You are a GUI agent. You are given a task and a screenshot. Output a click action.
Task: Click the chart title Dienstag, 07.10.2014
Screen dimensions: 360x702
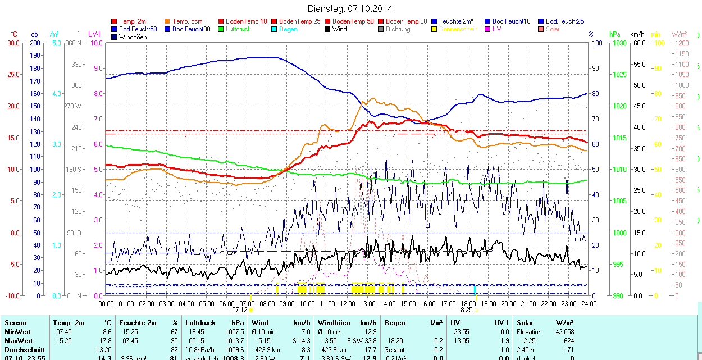350,9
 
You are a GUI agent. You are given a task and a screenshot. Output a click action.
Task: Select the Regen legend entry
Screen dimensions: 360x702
289,29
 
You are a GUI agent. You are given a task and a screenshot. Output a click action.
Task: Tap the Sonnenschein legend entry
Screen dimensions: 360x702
458,29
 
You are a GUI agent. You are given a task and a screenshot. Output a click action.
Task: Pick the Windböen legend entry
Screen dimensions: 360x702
133,37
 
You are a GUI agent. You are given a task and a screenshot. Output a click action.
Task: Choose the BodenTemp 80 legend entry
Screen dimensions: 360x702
407,21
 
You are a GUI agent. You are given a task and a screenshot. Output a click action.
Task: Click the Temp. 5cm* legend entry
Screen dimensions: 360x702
189,21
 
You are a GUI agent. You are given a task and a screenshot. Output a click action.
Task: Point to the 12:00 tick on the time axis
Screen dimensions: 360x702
348,303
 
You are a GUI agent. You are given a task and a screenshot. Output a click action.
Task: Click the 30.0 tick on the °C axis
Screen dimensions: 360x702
12,43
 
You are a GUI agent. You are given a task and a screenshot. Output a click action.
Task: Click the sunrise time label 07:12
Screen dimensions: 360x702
240,309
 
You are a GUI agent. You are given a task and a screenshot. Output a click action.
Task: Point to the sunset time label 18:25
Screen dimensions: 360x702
464,309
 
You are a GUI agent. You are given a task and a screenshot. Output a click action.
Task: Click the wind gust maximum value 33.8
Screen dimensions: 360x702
368,341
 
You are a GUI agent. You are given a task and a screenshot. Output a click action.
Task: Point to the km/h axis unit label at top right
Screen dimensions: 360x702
637,34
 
